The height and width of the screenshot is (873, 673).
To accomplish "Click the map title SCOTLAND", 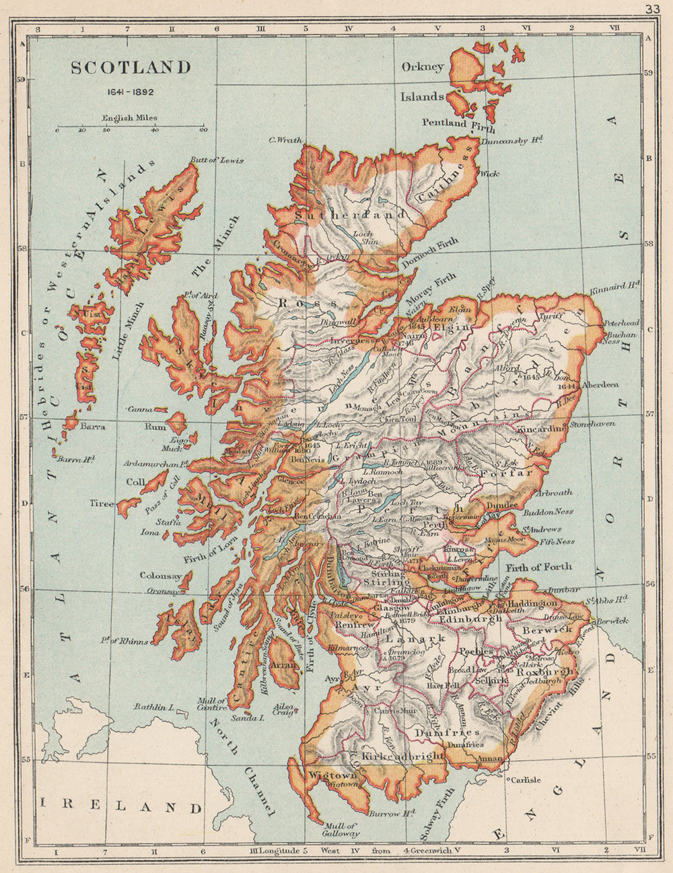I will point(131,68).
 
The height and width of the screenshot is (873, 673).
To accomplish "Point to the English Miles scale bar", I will point(130,127).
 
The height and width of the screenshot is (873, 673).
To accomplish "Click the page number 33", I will point(651,9).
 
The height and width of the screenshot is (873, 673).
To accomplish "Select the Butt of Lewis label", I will point(217,161).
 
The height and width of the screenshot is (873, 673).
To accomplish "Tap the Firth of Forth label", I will point(540,567).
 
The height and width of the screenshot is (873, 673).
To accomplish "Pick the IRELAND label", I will point(121,806).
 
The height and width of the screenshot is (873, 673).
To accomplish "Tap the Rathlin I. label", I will point(154,707).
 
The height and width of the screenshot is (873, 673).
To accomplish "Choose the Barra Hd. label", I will point(76,460).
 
